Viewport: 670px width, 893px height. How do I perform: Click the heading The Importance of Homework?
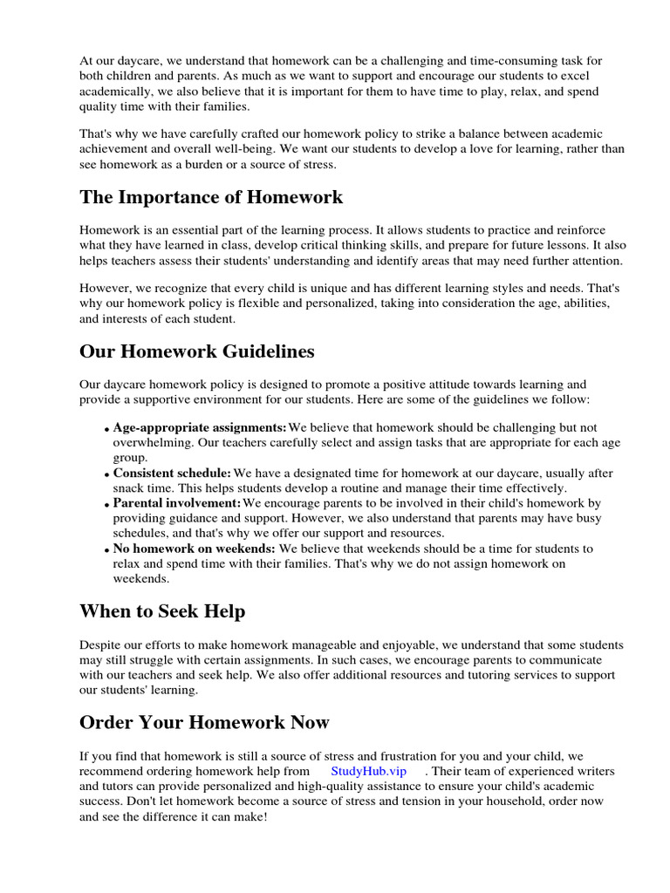tap(211, 197)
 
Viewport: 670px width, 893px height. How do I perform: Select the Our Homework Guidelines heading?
tap(197, 351)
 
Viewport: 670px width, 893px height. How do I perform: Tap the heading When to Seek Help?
tap(162, 611)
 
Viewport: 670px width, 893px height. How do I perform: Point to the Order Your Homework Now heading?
tap(204, 723)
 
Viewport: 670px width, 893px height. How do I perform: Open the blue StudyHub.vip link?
tap(368, 771)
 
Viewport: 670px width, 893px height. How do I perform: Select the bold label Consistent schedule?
tap(172, 474)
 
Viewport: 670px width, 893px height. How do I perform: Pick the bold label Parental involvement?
tap(177, 503)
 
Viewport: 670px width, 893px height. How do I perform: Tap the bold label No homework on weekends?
tap(194, 549)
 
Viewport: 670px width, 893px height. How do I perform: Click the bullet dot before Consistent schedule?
tap(108, 475)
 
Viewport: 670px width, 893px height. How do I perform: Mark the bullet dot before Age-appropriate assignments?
tap(108, 429)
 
